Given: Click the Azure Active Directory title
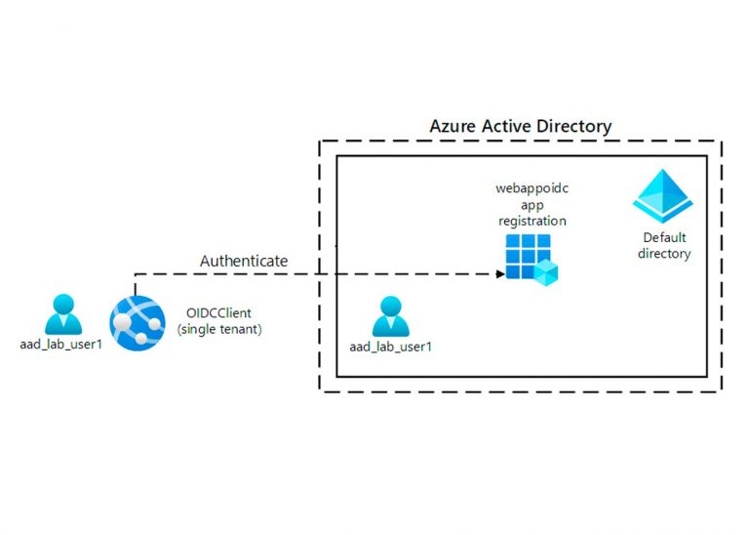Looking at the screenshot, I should coord(521,127).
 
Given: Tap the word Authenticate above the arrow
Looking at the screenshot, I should coord(244,261).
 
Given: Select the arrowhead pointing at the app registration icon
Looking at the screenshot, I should coord(499,274).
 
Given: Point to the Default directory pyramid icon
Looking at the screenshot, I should coord(663,196).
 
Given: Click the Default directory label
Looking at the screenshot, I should coord(664,246).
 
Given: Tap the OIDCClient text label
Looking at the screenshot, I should coord(219,312).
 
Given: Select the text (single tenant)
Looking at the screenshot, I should coord(219,329).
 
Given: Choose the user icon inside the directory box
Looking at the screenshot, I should coord(390,316).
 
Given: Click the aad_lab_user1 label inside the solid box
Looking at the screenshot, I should coord(390,347).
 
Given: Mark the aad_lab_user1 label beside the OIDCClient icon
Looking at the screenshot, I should coord(61,344).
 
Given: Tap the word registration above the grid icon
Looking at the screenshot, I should coord(531,221).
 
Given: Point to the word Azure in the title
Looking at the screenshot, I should coord(453,127).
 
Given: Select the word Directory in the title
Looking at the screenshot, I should coord(575,127).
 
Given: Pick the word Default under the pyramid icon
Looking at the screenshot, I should coord(664,238).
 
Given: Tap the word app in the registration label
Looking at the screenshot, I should coord(531,205).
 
